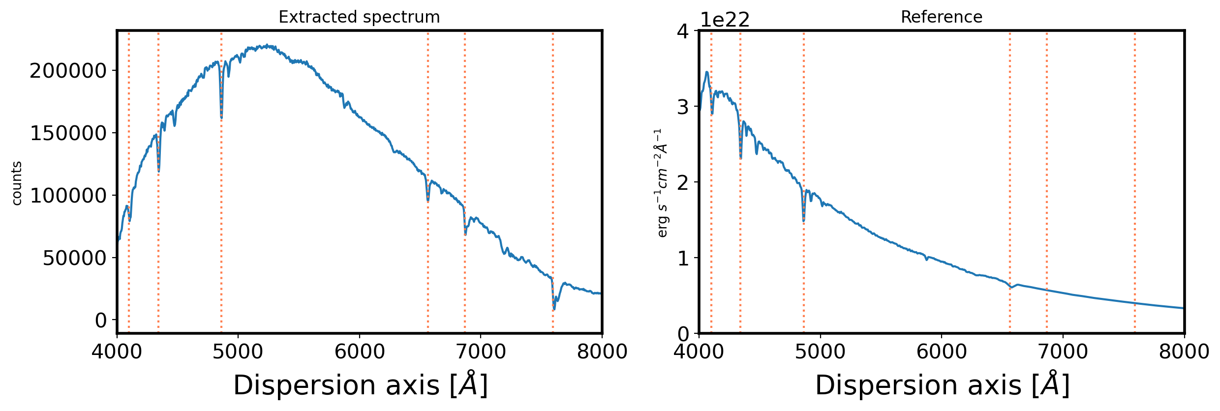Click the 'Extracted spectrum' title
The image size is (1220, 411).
(359, 17)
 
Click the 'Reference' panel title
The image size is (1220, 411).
(941, 17)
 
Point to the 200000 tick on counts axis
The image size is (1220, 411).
(68, 71)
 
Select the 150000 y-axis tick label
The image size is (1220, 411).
(68, 133)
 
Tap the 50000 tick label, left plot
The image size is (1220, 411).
(74, 258)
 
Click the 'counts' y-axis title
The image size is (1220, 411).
(17, 183)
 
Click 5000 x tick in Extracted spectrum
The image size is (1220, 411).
(238, 352)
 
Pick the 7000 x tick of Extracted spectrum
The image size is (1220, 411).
(480, 352)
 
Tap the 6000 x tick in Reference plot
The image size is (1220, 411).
(941, 352)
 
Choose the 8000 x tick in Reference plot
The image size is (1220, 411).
(1184, 352)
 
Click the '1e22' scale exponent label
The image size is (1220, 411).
(725, 20)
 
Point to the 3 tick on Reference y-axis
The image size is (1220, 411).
(683, 107)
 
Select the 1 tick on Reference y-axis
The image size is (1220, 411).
(683, 258)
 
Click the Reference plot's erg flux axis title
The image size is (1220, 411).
(662, 183)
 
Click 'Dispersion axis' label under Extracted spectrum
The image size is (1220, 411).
(360, 385)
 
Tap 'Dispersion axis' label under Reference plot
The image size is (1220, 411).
(942, 385)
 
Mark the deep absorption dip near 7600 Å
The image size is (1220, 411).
(554, 308)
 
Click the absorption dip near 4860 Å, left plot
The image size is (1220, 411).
(221, 117)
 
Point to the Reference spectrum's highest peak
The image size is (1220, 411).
(707, 72)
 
